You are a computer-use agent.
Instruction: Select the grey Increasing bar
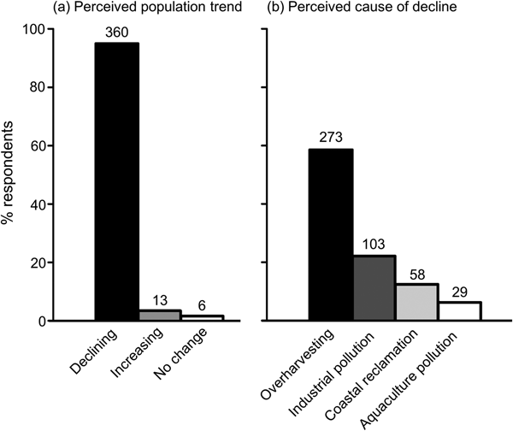click(x=159, y=316)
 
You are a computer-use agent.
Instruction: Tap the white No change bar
click(x=202, y=318)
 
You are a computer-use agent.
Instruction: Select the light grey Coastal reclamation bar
click(x=416, y=302)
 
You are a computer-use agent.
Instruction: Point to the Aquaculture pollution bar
click(x=459, y=311)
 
